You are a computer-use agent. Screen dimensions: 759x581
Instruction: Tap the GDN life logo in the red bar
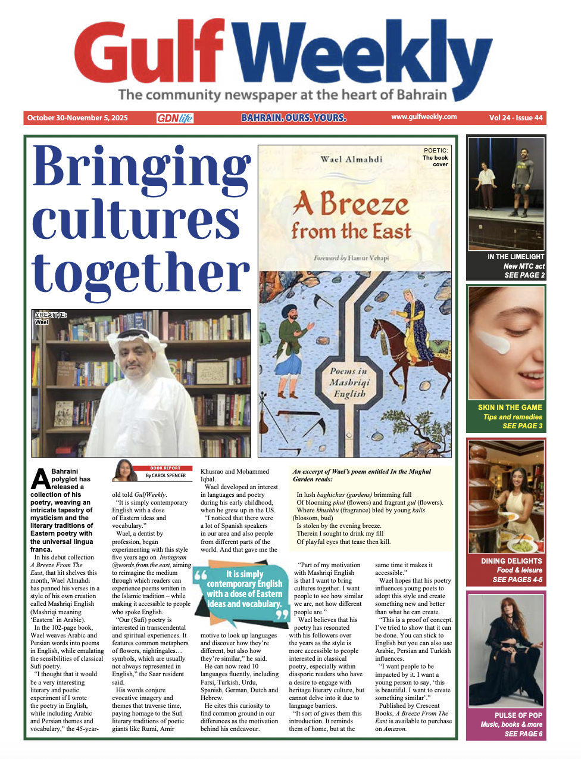click(x=175, y=118)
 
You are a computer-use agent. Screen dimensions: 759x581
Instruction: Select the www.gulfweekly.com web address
click(x=424, y=117)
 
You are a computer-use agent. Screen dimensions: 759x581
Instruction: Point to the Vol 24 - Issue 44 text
click(x=516, y=118)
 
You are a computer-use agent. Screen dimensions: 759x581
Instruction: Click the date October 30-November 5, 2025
click(x=77, y=118)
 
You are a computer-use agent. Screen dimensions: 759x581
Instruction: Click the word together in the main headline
click(x=141, y=273)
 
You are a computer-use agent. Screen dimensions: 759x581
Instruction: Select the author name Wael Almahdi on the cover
click(x=351, y=159)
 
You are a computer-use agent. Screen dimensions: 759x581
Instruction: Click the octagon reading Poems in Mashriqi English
click(x=349, y=382)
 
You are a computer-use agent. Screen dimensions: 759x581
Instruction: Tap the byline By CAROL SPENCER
click(x=165, y=476)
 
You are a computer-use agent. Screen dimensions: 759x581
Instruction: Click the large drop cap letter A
click(x=40, y=480)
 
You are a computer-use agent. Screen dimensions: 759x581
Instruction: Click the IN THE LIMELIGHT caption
click(x=516, y=257)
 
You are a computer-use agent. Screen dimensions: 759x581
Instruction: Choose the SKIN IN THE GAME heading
click(x=510, y=408)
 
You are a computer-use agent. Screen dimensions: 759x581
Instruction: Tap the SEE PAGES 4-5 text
click(x=517, y=580)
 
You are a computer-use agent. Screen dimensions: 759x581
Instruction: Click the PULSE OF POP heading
click(x=518, y=716)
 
